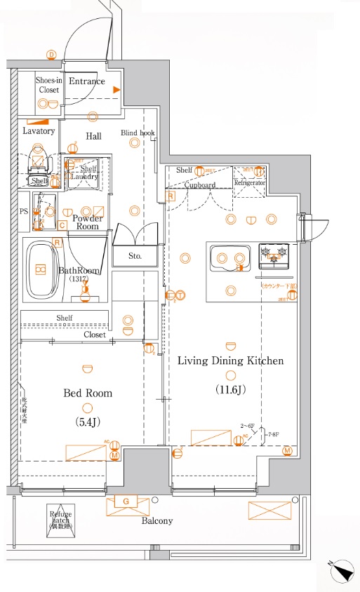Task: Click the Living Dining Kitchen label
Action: point(230,361)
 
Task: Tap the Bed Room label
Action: point(88,393)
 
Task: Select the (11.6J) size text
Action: point(230,389)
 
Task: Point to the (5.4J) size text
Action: point(88,422)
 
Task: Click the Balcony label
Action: point(157,521)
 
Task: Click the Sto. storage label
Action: point(135,257)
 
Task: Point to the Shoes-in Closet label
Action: point(48,85)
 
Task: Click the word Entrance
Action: point(86,81)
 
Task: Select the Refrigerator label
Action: point(250,182)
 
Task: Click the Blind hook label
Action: point(138,133)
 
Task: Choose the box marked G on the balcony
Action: point(126,502)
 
